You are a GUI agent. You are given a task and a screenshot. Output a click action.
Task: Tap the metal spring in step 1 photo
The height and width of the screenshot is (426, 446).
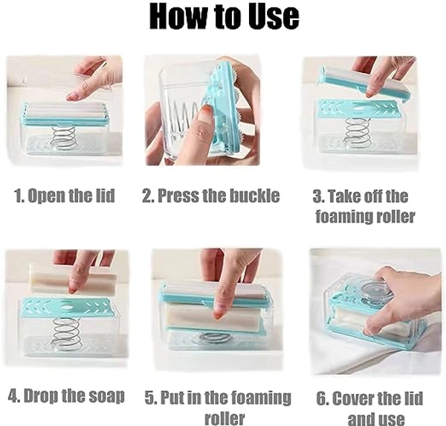click(x=63, y=138)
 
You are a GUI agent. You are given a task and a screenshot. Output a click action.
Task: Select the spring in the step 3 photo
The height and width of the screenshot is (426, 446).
click(x=358, y=133)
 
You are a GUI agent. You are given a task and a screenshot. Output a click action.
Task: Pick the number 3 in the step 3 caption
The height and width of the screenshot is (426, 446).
click(x=317, y=197)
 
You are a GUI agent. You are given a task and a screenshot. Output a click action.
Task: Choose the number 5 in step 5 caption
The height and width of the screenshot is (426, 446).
click(x=149, y=398)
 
